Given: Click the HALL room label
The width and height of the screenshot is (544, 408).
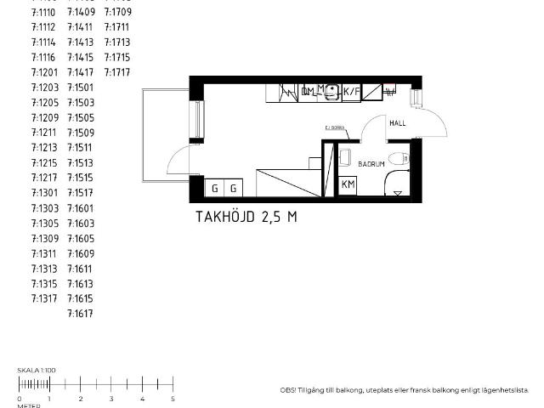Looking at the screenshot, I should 397,123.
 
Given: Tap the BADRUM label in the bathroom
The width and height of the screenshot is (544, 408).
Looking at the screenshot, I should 371,163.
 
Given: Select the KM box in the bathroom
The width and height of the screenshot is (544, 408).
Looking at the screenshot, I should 348,184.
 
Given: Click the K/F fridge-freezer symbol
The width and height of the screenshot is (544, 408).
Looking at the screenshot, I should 352,92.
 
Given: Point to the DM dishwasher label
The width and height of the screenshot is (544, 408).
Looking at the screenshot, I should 308,92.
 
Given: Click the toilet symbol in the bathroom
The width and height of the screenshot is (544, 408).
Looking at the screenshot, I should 405,158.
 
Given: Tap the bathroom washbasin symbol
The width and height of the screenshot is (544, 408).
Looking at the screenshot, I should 344,156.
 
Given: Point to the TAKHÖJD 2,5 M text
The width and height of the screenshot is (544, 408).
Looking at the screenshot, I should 246,217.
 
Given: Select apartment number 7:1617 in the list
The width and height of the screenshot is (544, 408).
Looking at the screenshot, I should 80,314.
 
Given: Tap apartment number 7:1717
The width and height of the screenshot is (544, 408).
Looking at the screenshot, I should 116,72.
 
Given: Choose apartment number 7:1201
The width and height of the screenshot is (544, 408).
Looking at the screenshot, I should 44,72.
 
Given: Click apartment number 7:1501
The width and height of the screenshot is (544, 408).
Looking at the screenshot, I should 80,88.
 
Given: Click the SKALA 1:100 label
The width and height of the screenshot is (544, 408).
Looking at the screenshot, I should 36,371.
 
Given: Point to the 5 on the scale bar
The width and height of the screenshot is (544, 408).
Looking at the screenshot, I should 173,398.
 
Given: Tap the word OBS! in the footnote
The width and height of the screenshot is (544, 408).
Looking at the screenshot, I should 288,390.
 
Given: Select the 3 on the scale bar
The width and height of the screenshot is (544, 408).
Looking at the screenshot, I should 111,398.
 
